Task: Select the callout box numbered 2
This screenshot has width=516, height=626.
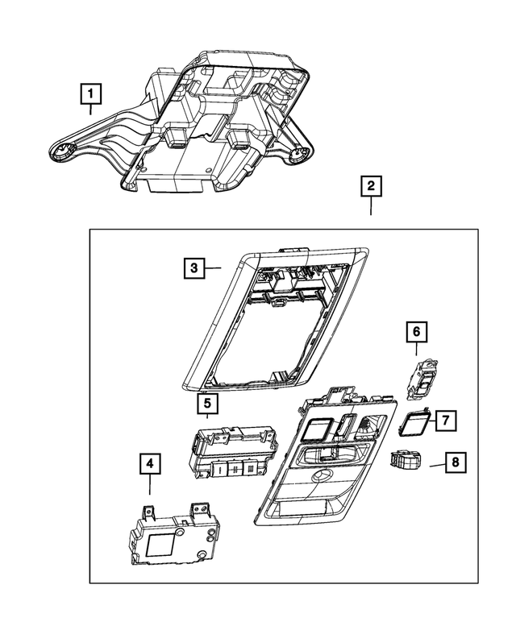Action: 371,187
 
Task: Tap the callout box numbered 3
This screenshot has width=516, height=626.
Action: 193,267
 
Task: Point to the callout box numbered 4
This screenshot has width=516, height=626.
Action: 149,464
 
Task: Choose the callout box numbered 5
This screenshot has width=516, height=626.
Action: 206,402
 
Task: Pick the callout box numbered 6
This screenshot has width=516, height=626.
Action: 416,331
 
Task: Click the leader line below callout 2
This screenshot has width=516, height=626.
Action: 371,206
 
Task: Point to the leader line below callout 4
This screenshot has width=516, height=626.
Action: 150,484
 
